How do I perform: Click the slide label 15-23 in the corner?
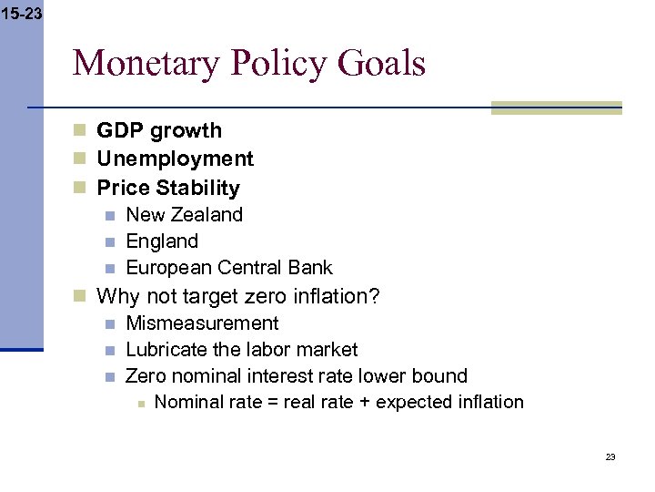click(21, 14)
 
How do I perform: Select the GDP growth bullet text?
click(159, 130)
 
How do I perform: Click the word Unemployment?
click(176, 159)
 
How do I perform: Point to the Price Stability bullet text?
click(168, 188)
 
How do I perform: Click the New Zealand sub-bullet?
click(185, 215)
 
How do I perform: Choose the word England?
click(162, 241)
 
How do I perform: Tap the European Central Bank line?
click(229, 268)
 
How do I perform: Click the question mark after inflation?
click(375, 296)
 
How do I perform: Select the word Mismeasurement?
click(202, 323)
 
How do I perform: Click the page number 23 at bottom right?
click(610, 456)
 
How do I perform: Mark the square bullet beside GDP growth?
click(81, 130)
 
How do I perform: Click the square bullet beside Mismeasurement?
click(109, 323)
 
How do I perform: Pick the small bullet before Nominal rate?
click(140, 403)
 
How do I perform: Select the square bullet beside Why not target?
click(81, 296)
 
